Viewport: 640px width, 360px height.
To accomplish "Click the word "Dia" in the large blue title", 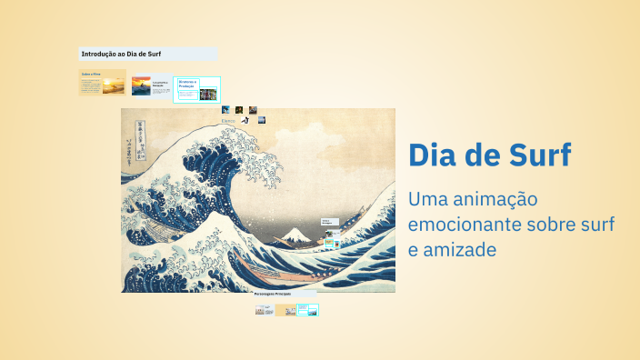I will pyautogui.click(x=431, y=155).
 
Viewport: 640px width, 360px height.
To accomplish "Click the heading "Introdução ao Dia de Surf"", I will pyautogui.click(x=121, y=54).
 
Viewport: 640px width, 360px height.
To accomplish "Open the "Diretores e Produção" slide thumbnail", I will pyautogui.click(x=196, y=88).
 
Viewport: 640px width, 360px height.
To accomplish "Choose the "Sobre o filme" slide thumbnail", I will pyautogui.click(x=102, y=84).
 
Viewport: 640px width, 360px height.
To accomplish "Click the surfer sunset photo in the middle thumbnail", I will pyautogui.click(x=141, y=86).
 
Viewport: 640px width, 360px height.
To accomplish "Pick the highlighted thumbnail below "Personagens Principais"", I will pyautogui.click(x=307, y=310).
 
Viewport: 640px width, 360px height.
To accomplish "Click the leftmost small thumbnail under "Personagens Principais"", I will pyautogui.click(x=265, y=310).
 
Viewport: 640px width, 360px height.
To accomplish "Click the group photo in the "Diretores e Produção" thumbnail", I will pyautogui.click(x=208, y=94).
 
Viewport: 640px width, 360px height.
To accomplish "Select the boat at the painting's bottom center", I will pyautogui.click(x=273, y=273).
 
